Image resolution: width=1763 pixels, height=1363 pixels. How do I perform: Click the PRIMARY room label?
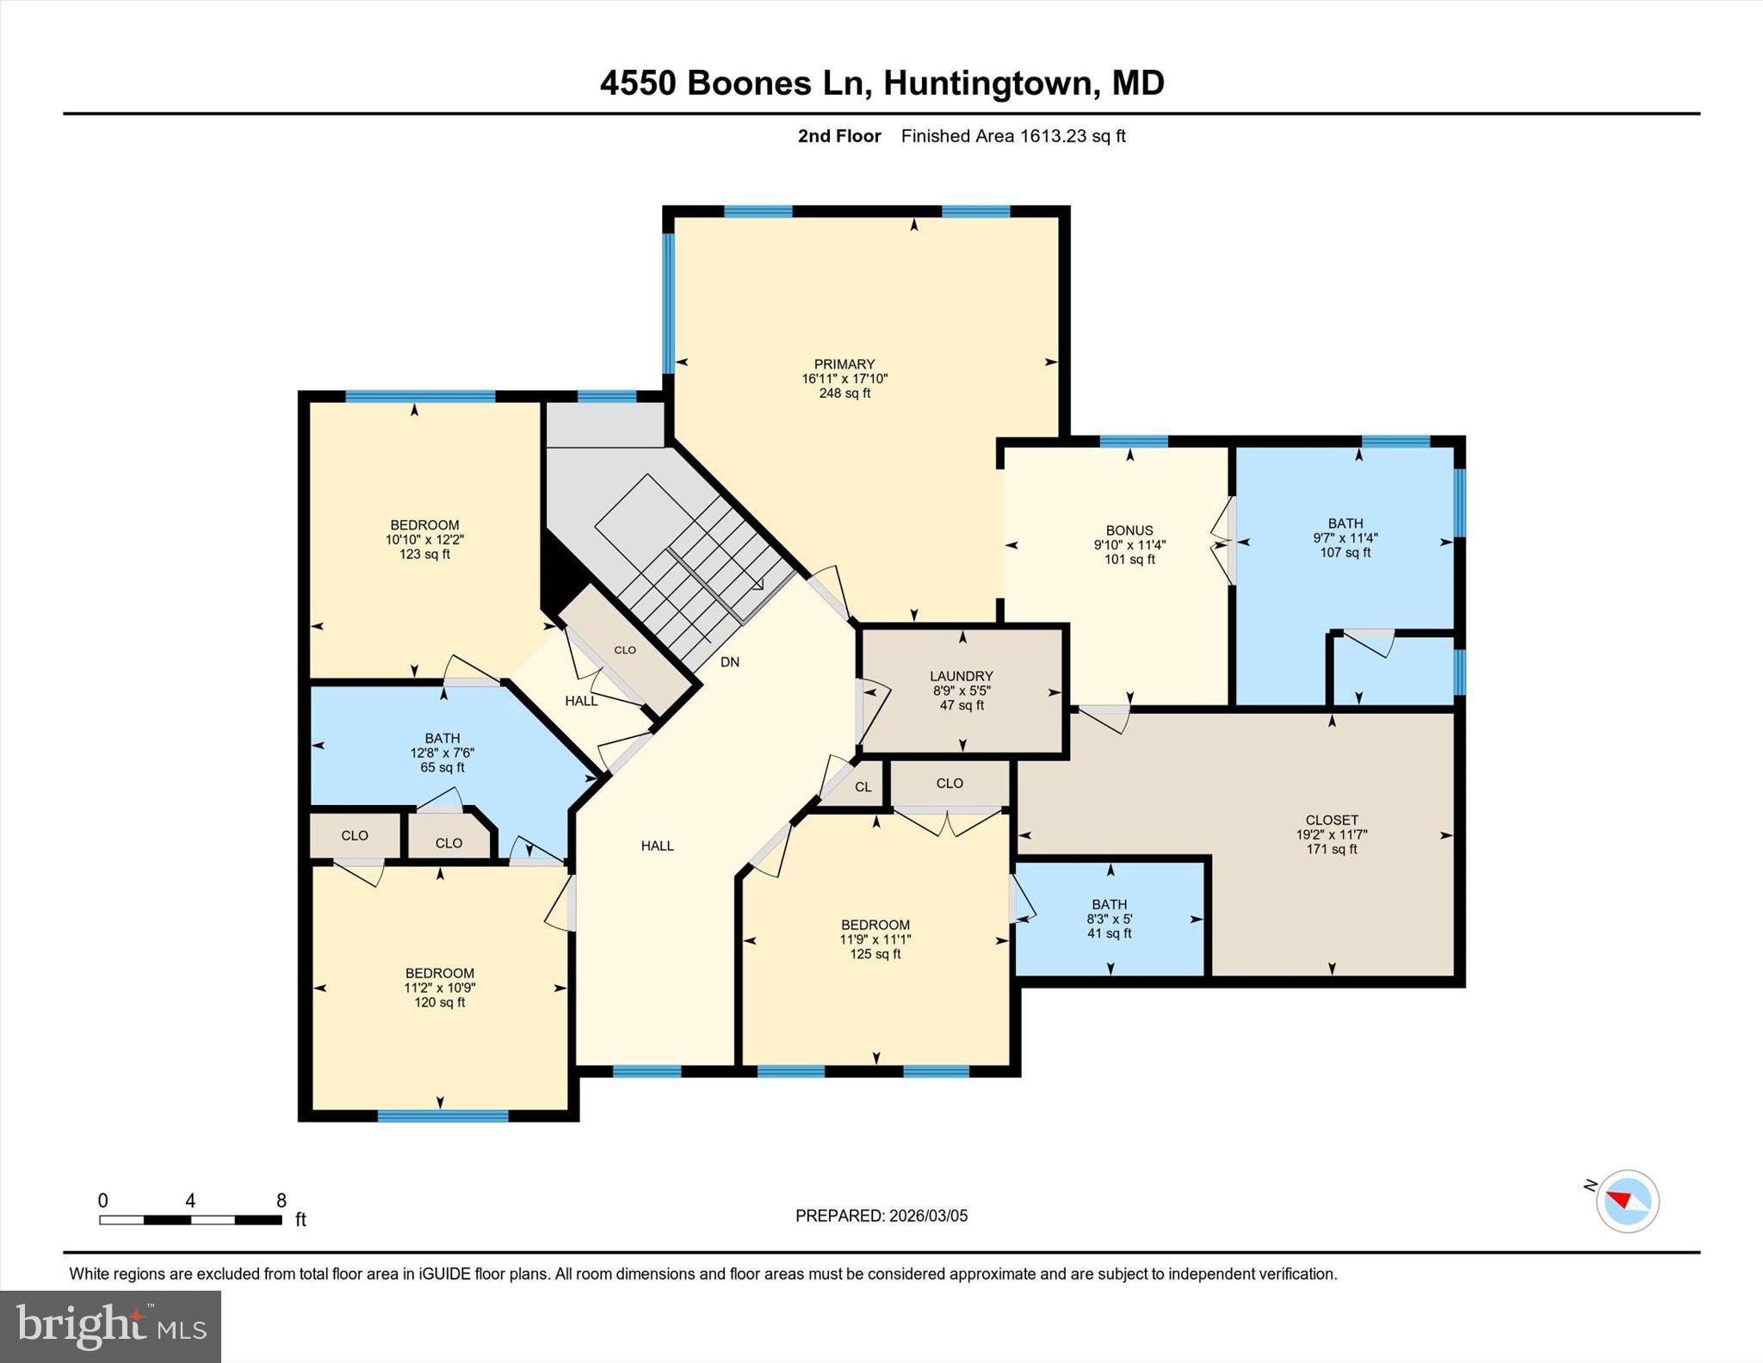[x=844, y=364]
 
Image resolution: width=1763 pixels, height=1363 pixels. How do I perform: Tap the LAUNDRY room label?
[x=962, y=677]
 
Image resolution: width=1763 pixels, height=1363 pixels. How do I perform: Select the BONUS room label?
[x=1129, y=530]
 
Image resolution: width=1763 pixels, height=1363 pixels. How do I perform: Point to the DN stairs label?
[x=730, y=662]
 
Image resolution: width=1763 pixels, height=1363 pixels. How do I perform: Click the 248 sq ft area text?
[x=844, y=393]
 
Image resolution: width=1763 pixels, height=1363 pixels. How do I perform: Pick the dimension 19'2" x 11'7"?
[x=1332, y=834]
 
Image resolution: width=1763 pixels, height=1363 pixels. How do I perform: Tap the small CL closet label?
[x=863, y=787]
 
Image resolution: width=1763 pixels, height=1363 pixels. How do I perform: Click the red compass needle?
[x=1620, y=1199]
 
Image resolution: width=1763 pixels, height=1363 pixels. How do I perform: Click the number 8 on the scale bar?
[x=281, y=1200]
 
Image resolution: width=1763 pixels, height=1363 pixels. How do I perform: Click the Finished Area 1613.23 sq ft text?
[x=1013, y=136]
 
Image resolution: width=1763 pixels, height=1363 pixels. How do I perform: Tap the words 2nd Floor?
[x=839, y=136]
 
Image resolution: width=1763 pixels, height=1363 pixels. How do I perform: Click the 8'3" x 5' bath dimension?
[x=1110, y=919]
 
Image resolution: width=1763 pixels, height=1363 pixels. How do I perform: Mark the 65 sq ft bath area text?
[x=442, y=767]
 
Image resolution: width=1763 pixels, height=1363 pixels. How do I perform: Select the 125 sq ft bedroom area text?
[x=875, y=954]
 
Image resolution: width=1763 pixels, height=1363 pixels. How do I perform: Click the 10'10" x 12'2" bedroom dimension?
[x=424, y=540]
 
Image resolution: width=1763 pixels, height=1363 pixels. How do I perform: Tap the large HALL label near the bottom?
[x=658, y=846]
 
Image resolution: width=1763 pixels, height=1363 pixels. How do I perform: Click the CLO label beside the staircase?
[x=625, y=650]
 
